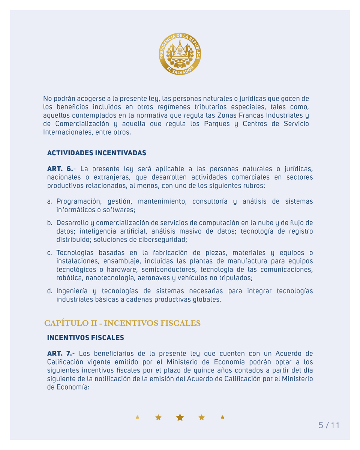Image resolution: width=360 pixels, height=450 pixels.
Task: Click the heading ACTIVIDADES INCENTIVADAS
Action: click(96, 153)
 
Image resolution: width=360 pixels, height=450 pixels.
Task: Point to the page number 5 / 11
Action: click(328, 426)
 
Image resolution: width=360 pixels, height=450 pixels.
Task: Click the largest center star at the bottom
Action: click(180, 417)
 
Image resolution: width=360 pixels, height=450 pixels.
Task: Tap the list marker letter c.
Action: click(49, 253)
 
